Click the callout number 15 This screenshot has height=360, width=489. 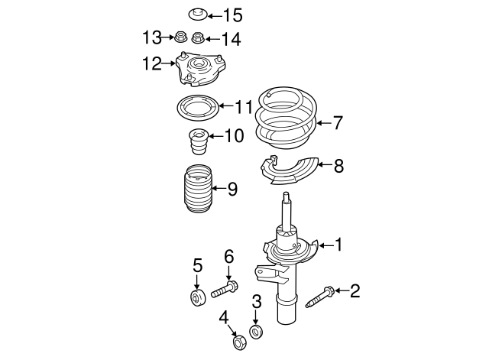pyautogui.click(x=232, y=15)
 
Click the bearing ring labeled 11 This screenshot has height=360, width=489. pyautogui.click(x=198, y=109)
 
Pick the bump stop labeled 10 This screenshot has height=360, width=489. pyautogui.click(x=197, y=143)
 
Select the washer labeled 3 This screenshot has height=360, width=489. pyautogui.click(x=257, y=332)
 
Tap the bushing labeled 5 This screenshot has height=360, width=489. pyautogui.click(x=197, y=297)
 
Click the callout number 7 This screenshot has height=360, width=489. pyautogui.click(x=338, y=122)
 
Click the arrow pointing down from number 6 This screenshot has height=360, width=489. pyautogui.click(x=228, y=272)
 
